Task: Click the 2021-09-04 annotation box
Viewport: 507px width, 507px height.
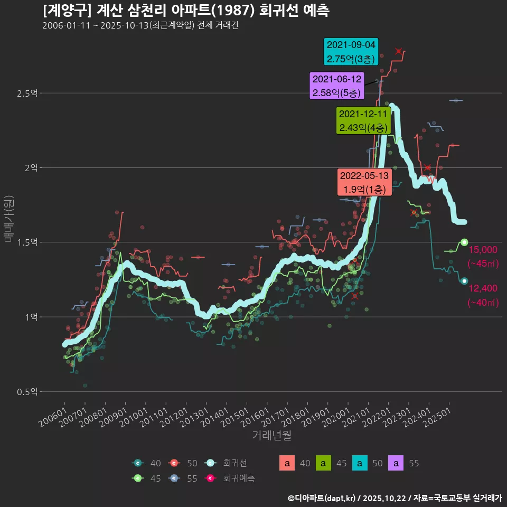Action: point(351,52)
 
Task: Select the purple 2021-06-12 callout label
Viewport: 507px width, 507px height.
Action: point(337,86)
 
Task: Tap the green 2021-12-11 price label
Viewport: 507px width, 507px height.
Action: point(363,121)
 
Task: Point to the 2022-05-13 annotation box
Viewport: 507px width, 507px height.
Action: point(364,182)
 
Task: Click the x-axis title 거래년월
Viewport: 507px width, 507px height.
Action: point(271,436)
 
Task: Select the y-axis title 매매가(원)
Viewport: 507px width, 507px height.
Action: point(8,218)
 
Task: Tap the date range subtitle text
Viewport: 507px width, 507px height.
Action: point(140,26)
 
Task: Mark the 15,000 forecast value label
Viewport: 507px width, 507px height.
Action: point(483,250)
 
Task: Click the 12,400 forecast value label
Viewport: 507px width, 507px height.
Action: point(483,288)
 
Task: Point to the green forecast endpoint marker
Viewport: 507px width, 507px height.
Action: point(464,242)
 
